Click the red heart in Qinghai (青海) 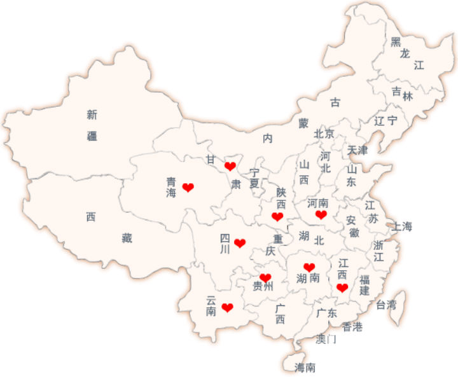(x=188, y=187)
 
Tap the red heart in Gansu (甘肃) (x=230, y=166)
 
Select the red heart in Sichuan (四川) (x=240, y=243)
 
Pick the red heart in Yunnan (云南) (x=227, y=308)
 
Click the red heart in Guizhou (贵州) (x=265, y=278)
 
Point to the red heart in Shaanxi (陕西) (x=277, y=217)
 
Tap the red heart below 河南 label (x=321, y=215)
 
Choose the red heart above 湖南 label (x=309, y=267)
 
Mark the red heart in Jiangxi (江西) (x=342, y=287)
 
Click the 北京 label (x=324, y=134)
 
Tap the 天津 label (x=357, y=151)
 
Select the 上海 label (x=402, y=226)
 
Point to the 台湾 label (x=386, y=305)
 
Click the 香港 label (x=352, y=327)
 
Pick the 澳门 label (x=326, y=339)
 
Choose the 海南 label (x=305, y=367)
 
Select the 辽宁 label (x=385, y=120)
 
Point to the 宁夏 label (x=254, y=177)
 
